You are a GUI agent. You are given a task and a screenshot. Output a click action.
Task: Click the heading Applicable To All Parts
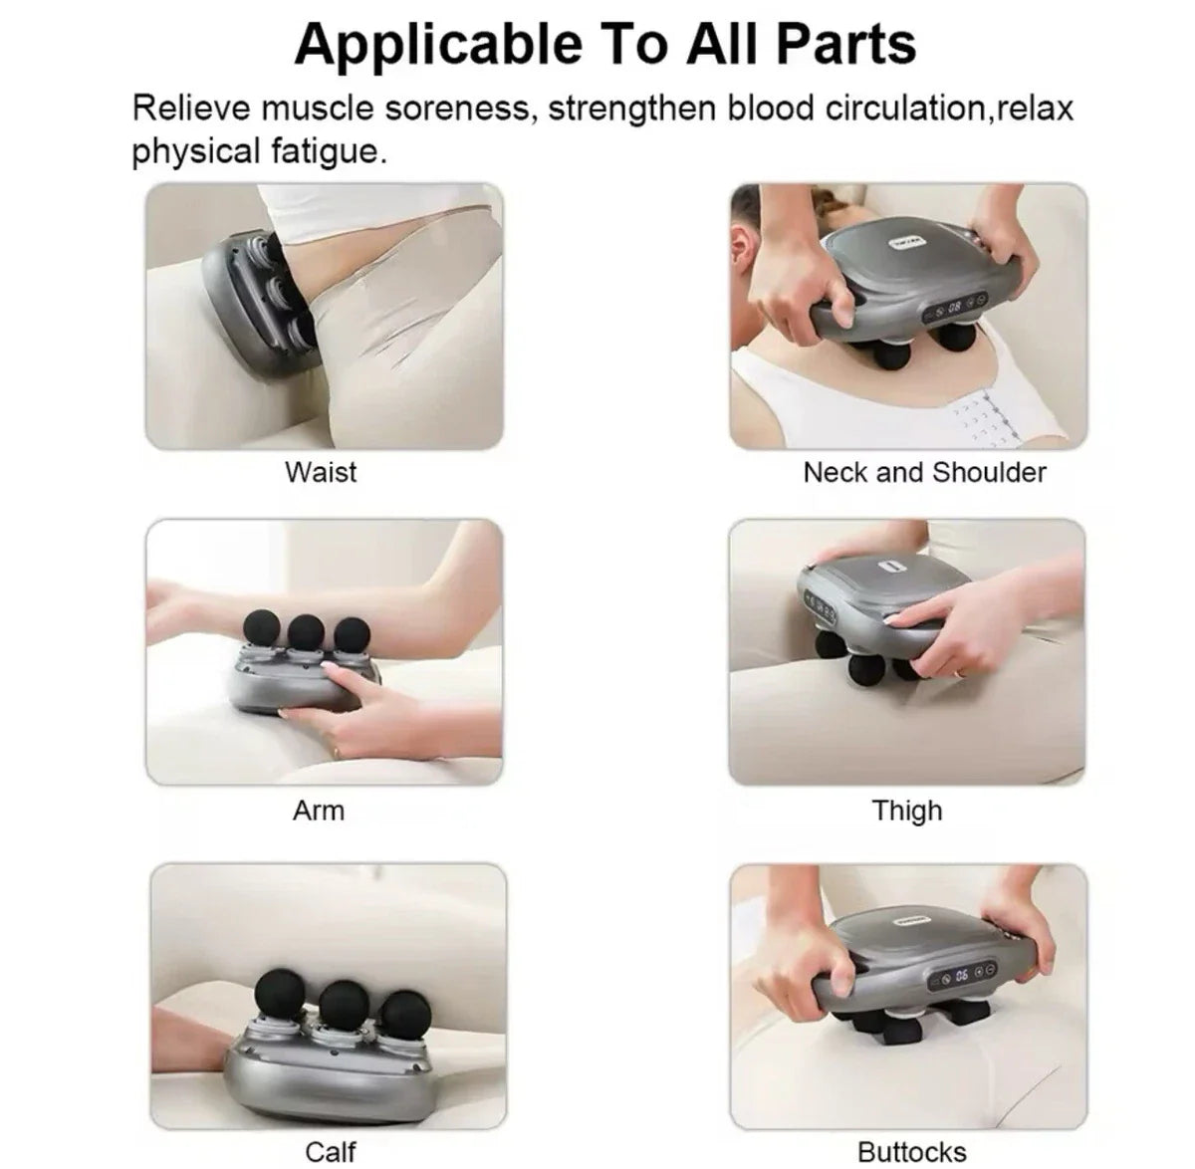(604, 43)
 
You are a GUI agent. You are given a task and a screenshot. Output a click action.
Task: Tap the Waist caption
(320, 471)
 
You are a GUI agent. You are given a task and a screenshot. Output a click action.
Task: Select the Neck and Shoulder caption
(924, 471)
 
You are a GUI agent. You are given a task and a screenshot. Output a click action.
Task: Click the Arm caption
(318, 811)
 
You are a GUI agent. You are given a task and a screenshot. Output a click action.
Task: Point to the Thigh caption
(906, 811)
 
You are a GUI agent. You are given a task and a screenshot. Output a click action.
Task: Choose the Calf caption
(330, 1152)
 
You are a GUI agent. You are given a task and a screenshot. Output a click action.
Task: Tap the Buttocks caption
(911, 1152)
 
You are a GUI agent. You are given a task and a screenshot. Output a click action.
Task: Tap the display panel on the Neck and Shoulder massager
(952, 308)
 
